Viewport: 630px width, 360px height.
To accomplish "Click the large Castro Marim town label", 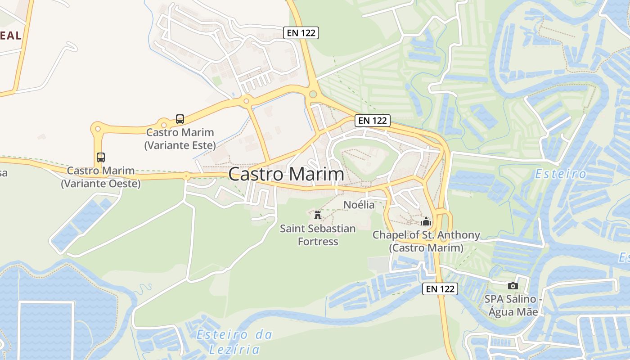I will coord(286,175).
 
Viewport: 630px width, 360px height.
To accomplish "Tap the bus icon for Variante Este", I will coord(180,119).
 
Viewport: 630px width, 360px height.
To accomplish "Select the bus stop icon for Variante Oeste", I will coord(101,157).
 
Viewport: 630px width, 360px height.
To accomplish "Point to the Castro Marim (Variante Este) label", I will coord(180,139).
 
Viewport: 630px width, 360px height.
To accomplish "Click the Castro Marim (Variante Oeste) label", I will coord(101,177).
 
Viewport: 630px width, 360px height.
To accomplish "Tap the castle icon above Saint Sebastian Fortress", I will coord(318,214).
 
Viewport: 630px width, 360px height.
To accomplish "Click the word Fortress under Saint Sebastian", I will coord(318,242).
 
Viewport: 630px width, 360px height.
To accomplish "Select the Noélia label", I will coord(359,205).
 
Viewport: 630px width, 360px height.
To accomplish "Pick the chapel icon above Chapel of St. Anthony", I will coord(426,221).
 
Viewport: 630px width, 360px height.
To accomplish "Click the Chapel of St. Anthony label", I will coord(426,241).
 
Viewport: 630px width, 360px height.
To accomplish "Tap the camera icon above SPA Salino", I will coord(513,286).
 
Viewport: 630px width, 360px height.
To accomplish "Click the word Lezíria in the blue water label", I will coord(234,349).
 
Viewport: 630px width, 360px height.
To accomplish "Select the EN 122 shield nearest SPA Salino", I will coord(440,289).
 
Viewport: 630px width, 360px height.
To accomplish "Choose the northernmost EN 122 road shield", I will coord(301,32).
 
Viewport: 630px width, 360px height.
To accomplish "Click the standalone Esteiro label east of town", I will coord(561,174).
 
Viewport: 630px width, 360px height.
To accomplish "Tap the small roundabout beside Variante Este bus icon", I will coord(163,124).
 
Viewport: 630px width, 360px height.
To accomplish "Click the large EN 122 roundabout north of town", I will coord(313,94).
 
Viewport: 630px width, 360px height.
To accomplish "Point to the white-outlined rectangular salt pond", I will coord(45,329).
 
